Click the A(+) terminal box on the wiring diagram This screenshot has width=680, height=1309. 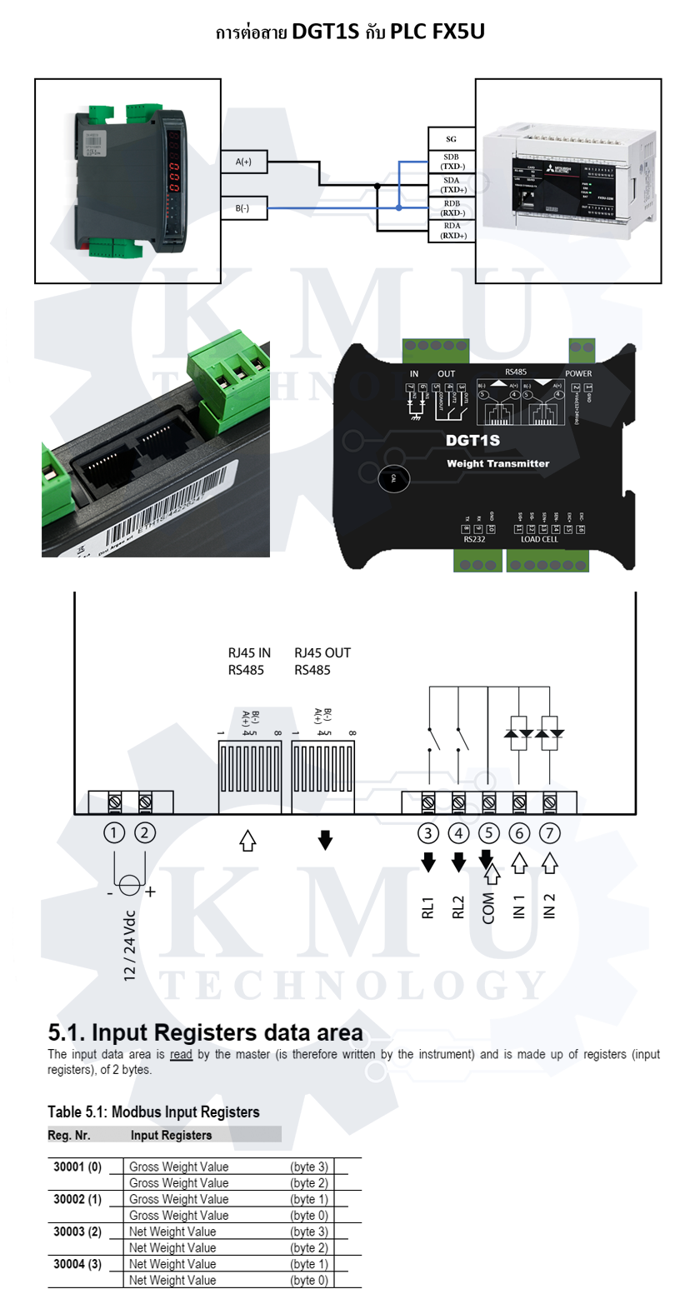[244, 162]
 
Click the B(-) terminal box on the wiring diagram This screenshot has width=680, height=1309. [243, 208]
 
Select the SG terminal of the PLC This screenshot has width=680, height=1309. [451, 139]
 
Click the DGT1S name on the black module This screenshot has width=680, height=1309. [472, 440]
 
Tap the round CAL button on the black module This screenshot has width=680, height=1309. [393, 479]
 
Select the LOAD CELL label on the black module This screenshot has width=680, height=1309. [539, 539]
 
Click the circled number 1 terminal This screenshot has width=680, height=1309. [114, 832]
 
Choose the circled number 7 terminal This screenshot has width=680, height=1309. [549, 832]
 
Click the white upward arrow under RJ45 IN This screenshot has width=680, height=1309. [247, 840]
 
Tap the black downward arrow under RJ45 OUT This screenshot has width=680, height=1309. [325, 840]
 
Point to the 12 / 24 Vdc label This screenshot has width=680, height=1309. [129, 945]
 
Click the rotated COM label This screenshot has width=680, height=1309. [489, 907]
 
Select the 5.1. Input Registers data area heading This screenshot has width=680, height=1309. [205, 1033]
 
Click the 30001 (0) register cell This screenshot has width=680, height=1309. [77, 1167]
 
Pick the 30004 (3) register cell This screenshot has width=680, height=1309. [77, 1264]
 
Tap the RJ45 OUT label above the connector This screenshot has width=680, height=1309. [322, 653]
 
